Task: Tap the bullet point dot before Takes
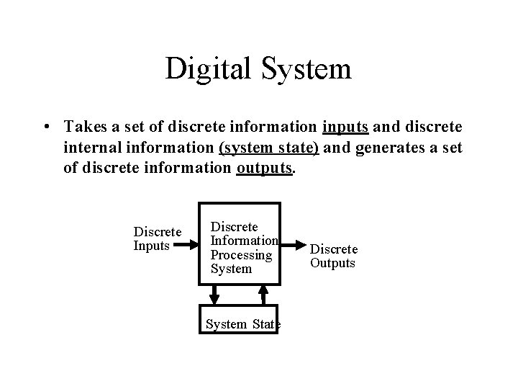pyautogui.click(x=45, y=128)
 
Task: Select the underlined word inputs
pyautogui.click(x=345, y=128)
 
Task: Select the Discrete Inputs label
pyautogui.click(x=158, y=239)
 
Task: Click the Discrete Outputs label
pyautogui.click(x=333, y=256)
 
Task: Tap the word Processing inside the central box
pyautogui.click(x=241, y=255)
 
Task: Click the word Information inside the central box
pyautogui.click(x=243, y=241)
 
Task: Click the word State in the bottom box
pyautogui.click(x=266, y=324)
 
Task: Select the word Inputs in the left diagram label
pyautogui.click(x=152, y=246)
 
